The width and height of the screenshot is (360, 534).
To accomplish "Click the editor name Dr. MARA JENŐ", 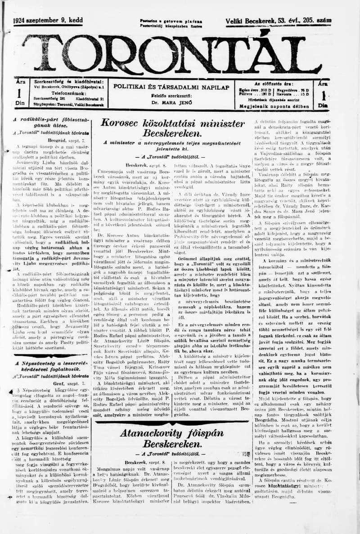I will pyautogui.click(x=171, y=102).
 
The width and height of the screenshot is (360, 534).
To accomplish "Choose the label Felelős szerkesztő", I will pyautogui.click(x=171, y=96).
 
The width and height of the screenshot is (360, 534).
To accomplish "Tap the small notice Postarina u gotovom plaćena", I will pyautogui.click(x=171, y=21).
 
